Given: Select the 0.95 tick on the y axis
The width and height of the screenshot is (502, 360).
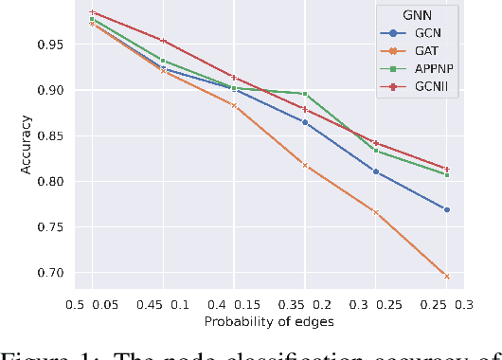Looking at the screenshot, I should (52, 45).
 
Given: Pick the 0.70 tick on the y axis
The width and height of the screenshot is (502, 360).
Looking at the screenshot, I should (52, 273).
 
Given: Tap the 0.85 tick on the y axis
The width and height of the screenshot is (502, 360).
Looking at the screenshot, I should (52, 136).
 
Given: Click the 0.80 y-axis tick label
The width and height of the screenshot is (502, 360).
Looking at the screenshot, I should (52, 182).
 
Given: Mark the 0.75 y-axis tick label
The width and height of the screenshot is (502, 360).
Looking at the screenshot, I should (52, 227).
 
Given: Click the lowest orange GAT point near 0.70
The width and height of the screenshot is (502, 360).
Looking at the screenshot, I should (447, 276).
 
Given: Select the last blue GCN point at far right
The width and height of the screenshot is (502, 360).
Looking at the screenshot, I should (447, 209).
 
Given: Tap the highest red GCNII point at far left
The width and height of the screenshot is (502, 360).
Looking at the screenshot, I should (91, 12).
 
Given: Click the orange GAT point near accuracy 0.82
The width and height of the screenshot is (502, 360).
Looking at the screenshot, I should (305, 165).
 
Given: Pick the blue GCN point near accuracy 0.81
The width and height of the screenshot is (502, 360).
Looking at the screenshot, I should (376, 171).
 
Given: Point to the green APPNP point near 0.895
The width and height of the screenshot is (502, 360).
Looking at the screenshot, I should (305, 94).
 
